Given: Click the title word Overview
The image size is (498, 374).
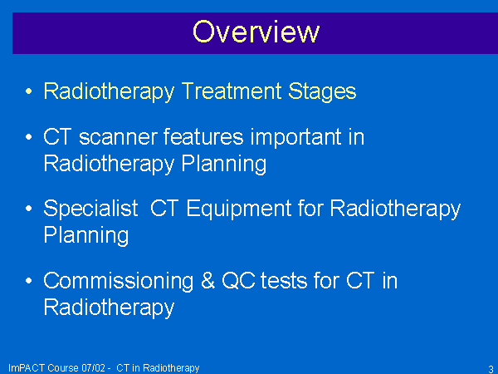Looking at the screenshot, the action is tap(256, 32).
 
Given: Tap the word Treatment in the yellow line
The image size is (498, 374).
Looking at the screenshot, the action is tap(232, 91).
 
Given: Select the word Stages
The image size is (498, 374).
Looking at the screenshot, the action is tap(322, 92).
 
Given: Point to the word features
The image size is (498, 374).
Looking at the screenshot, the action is tap(203, 137).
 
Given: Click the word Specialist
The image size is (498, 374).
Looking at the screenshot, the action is tap(90, 209).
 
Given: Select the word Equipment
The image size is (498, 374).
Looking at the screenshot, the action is tap(239, 209).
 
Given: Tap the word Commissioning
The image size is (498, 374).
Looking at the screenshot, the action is tap(118, 282).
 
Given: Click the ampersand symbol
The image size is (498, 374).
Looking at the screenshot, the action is tap(207, 281).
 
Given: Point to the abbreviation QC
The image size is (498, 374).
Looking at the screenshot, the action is tap(238, 281).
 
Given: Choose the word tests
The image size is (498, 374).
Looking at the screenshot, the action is tap(284, 281).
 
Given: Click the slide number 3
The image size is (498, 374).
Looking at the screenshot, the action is tap(491, 368).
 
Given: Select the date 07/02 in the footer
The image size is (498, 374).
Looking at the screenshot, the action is tap(93, 368).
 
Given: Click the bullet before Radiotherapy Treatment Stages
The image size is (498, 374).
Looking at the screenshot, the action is tap(28, 91).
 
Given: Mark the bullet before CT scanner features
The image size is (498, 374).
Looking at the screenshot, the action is tap(28, 137).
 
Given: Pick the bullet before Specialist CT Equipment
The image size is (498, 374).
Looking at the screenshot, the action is tap(28, 209).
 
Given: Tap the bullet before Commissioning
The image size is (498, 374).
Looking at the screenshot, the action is tap(28, 281).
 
